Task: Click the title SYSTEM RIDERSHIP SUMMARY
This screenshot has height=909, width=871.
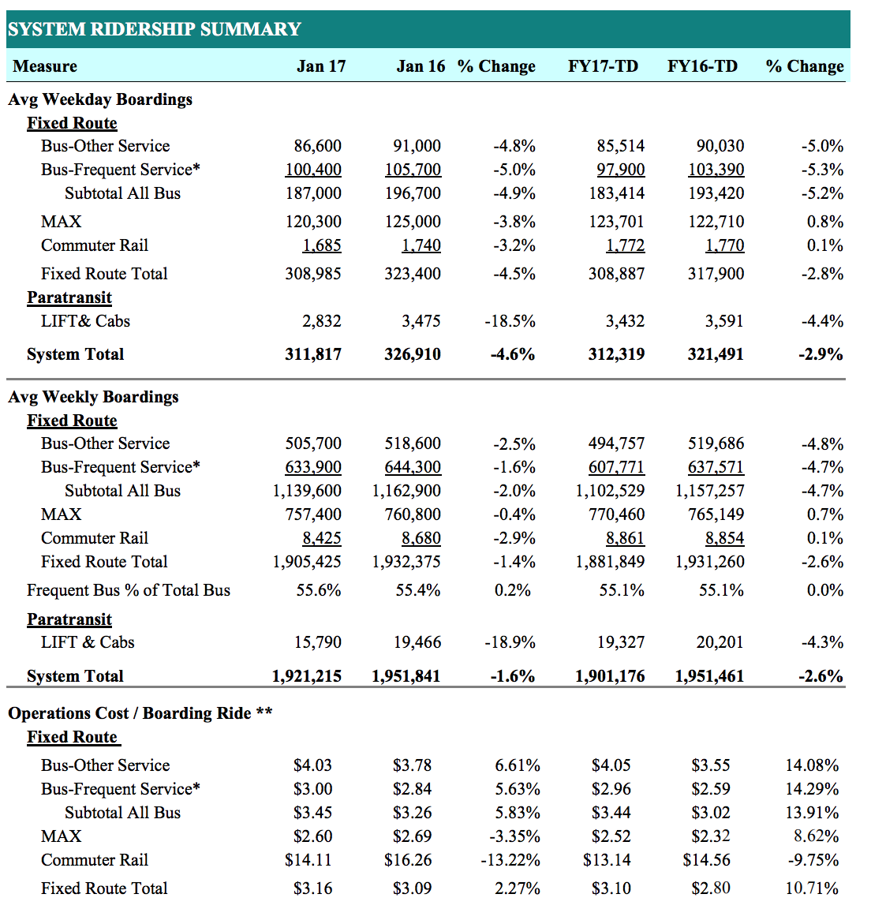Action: pyautogui.click(x=155, y=29)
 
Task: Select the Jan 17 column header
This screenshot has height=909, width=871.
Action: pyautogui.click(x=321, y=66)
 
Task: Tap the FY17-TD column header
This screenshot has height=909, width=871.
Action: pyautogui.click(x=603, y=66)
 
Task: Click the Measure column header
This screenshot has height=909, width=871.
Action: pyautogui.click(x=45, y=66)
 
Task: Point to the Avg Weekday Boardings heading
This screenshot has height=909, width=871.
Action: pyautogui.click(x=100, y=99)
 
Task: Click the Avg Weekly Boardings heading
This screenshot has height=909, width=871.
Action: pyautogui.click(x=93, y=397)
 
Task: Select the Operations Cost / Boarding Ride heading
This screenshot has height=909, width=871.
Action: pyautogui.click(x=140, y=713)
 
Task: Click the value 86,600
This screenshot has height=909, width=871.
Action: pyautogui.click(x=317, y=146)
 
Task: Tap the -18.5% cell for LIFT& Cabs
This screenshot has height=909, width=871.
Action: pyautogui.click(x=510, y=321)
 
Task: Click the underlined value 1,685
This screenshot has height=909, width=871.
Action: pyautogui.click(x=322, y=245)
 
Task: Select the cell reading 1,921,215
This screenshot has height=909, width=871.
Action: pyautogui.click(x=307, y=676)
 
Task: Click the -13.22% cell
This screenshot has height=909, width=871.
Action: pyautogui.click(x=510, y=860)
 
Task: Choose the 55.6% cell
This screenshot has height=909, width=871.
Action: pyautogui.click(x=319, y=590)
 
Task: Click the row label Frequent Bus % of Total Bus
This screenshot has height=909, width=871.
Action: pyautogui.click(x=129, y=590)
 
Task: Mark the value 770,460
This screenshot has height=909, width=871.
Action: pyautogui.click(x=616, y=514)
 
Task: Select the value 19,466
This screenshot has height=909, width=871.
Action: pyautogui.click(x=417, y=642)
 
